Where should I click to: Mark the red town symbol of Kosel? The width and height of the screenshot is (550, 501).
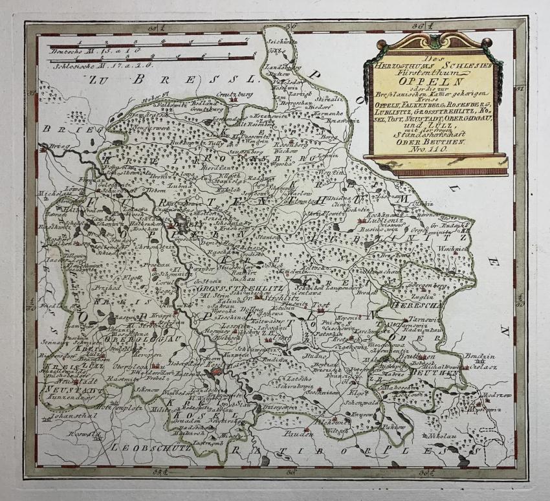(x=217, y=373)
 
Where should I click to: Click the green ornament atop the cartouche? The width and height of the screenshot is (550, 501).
(x=435, y=41)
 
